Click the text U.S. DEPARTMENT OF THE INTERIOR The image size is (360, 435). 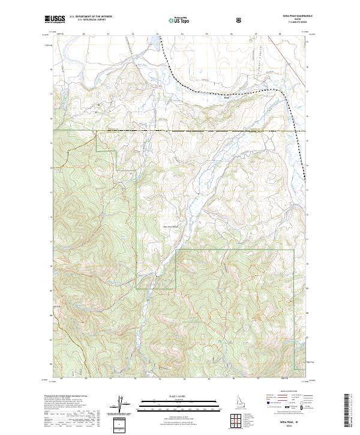tap(91, 17)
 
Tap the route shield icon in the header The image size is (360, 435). tap(239, 19)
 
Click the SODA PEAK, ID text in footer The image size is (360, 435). tap(292, 422)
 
